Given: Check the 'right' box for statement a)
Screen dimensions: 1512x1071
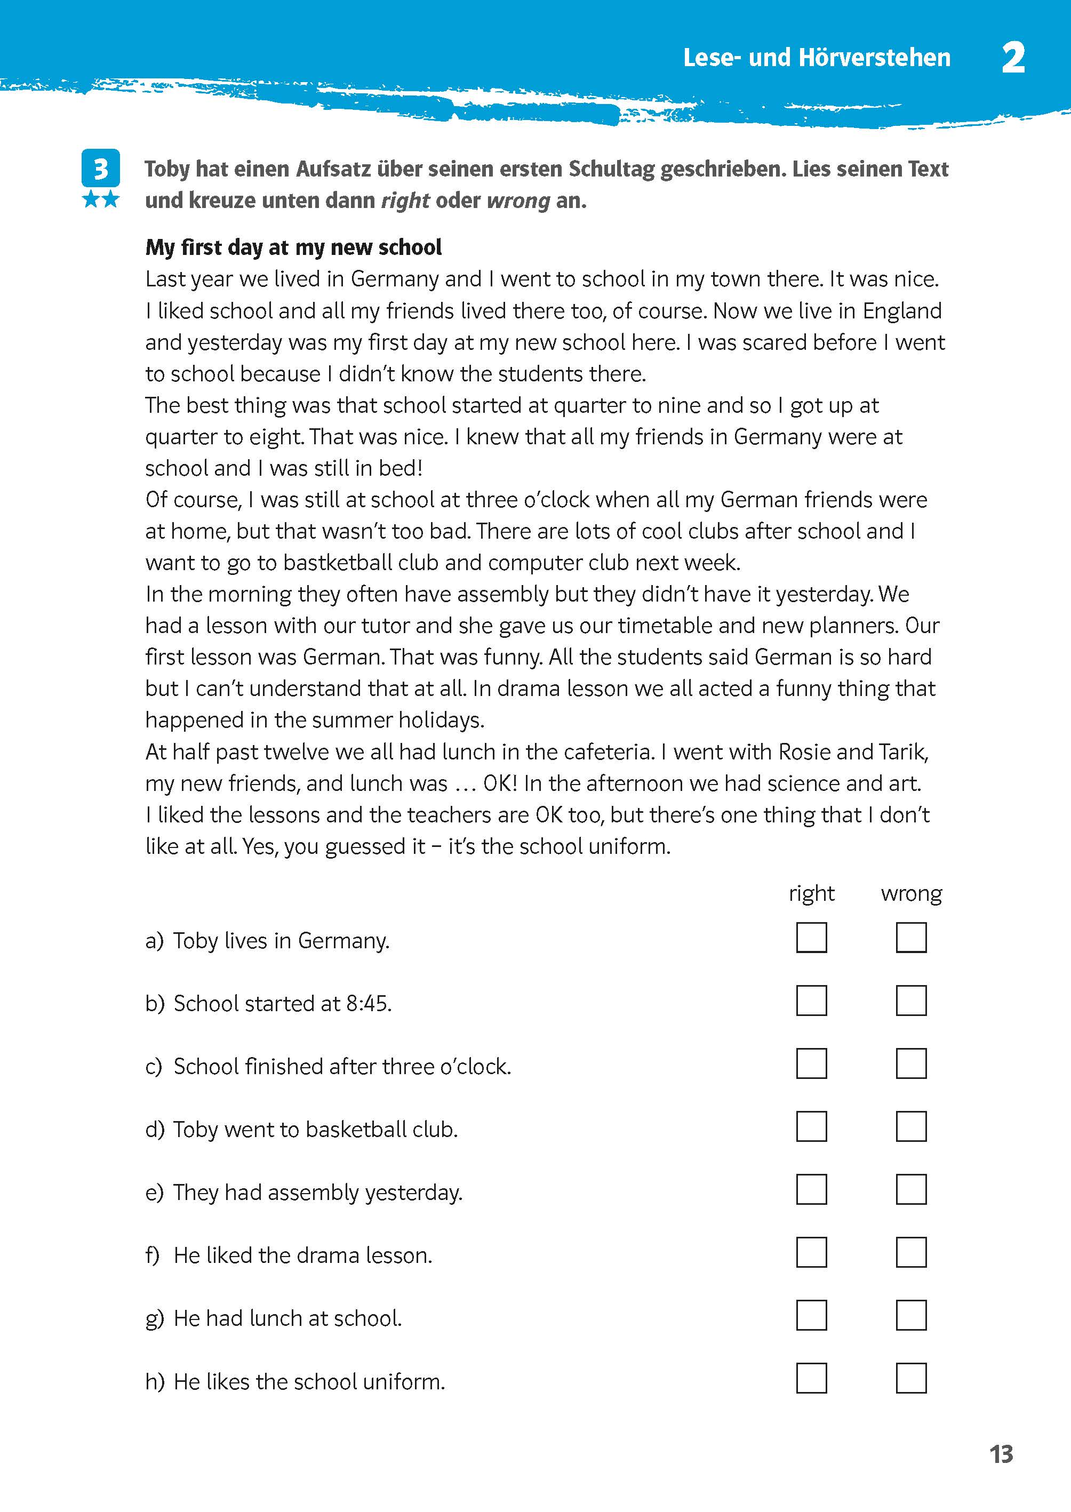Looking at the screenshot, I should coord(811,938).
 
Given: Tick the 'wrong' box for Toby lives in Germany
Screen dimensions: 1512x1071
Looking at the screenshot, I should coord(911,938).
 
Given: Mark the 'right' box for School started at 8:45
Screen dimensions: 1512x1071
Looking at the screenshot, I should coord(811,1001).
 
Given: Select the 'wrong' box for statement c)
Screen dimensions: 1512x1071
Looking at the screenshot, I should coord(911,1063).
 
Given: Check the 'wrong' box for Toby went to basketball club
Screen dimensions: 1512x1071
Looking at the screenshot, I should coord(911,1127).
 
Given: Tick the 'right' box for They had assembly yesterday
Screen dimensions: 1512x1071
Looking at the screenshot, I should coord(811,1189).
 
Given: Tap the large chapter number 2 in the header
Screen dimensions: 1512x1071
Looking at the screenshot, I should coord(1013,58).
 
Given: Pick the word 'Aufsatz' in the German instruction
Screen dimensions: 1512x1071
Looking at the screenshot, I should coord(333,170).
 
